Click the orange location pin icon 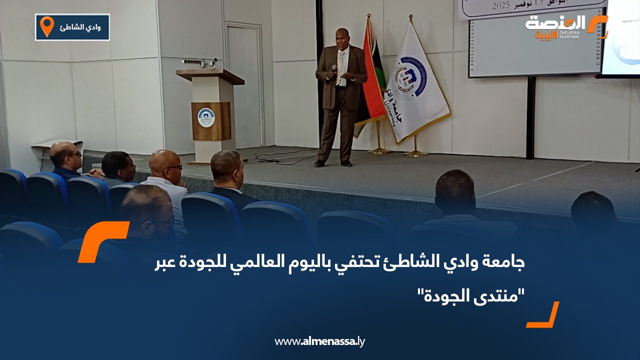[46, 26]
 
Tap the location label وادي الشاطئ [80, 27]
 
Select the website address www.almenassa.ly [319, 341]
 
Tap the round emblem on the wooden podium [205, 117]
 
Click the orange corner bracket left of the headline [102, 241]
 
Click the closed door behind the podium [244, 85]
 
